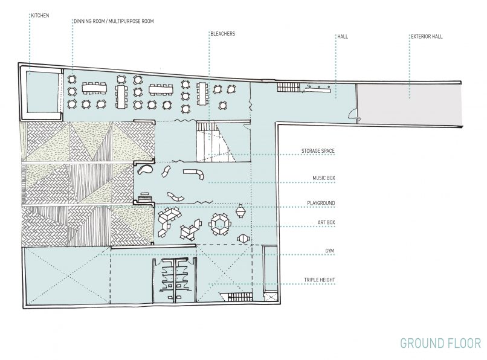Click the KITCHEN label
(x=40, y=15)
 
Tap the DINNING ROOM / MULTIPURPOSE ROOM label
(x=114, y=21)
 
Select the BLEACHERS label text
(x=223, y=34)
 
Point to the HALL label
(x=343, y=36)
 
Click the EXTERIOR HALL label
(x=427, y=36)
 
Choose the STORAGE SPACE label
(x=318, y=151)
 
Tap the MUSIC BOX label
(x=324, y=178)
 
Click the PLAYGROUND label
(x=321, y=203)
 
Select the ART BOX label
(x=326, y=222)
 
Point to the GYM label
(x=329, y=251)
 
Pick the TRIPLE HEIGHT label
(x=320, y=280)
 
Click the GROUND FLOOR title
(x=440, y=343)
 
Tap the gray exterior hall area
(x=408, y=104)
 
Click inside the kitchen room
(x=42, y=92)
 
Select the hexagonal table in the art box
(x=221, y=224)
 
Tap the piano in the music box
(x=145, y=198)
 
